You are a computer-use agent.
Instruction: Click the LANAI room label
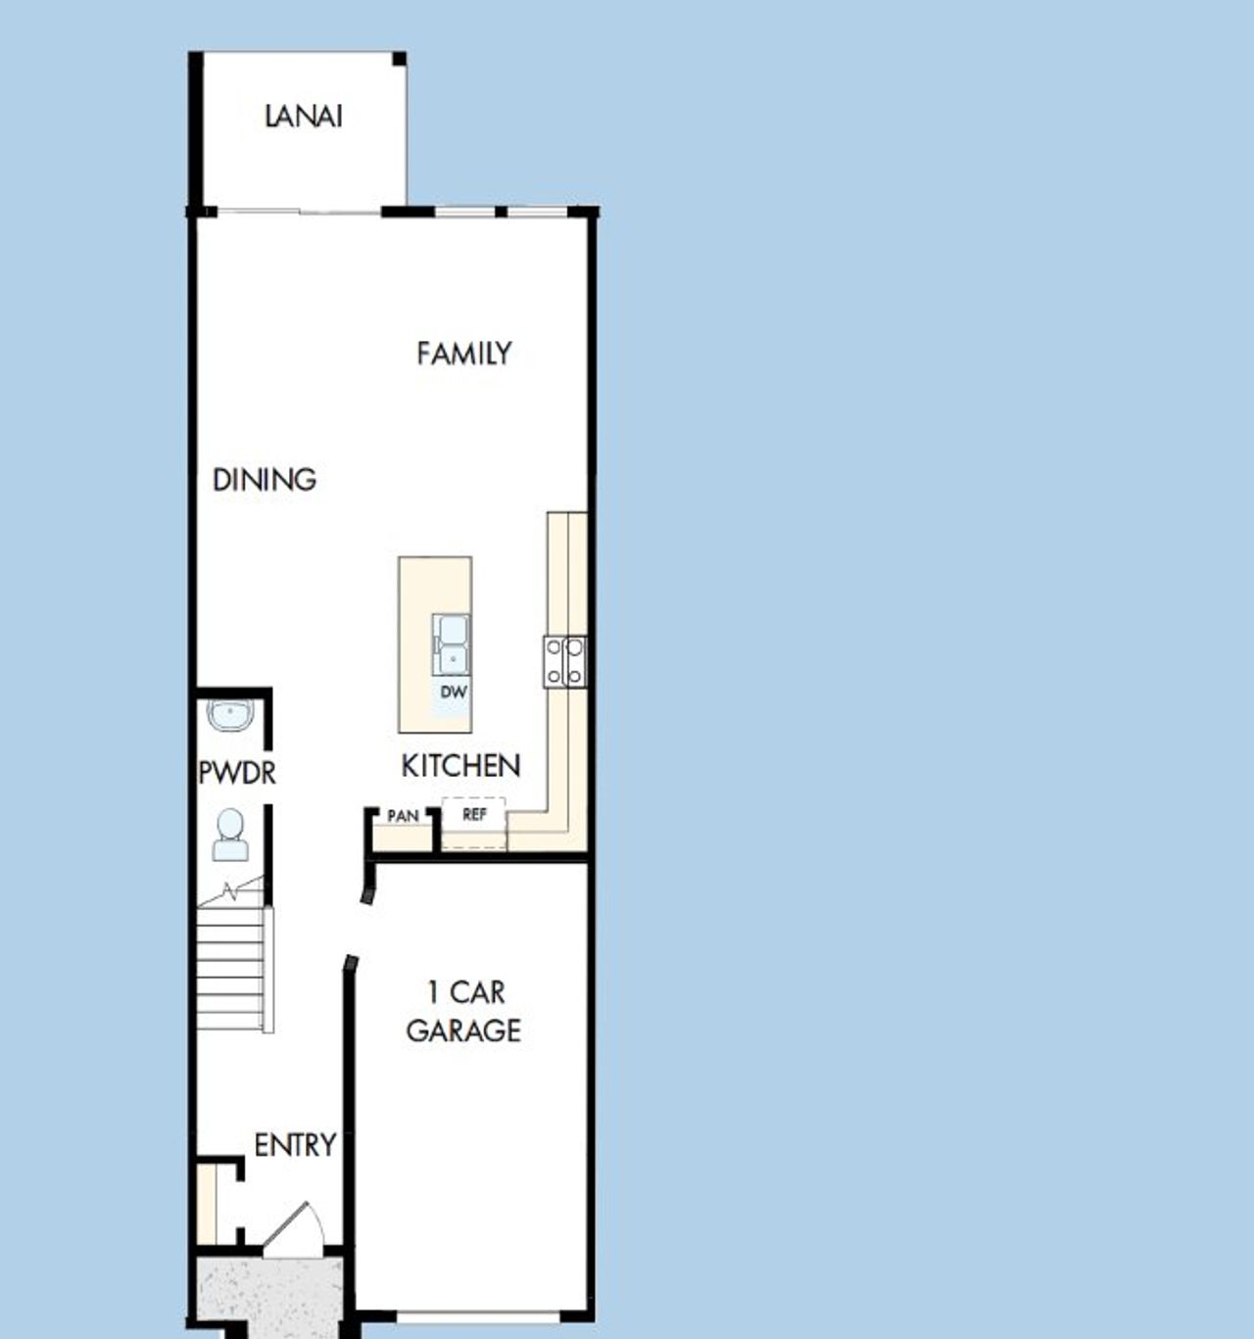304,117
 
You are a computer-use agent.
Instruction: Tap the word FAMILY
463,353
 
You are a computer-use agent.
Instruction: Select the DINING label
265,480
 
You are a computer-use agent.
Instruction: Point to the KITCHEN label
460,765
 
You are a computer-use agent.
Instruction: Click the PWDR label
237,773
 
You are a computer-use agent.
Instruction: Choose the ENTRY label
295,1144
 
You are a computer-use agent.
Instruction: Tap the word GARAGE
463,1030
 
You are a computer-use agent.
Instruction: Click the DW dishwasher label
454,692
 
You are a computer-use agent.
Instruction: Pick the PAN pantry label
403,816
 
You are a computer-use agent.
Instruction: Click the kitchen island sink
452,645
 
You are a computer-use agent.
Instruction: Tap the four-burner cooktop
565,661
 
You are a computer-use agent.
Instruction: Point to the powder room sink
231,714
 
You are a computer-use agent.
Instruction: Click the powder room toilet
230,836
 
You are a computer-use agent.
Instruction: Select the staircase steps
232,968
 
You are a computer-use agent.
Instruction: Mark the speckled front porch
269,1291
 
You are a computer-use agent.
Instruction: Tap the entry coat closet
207,1202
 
